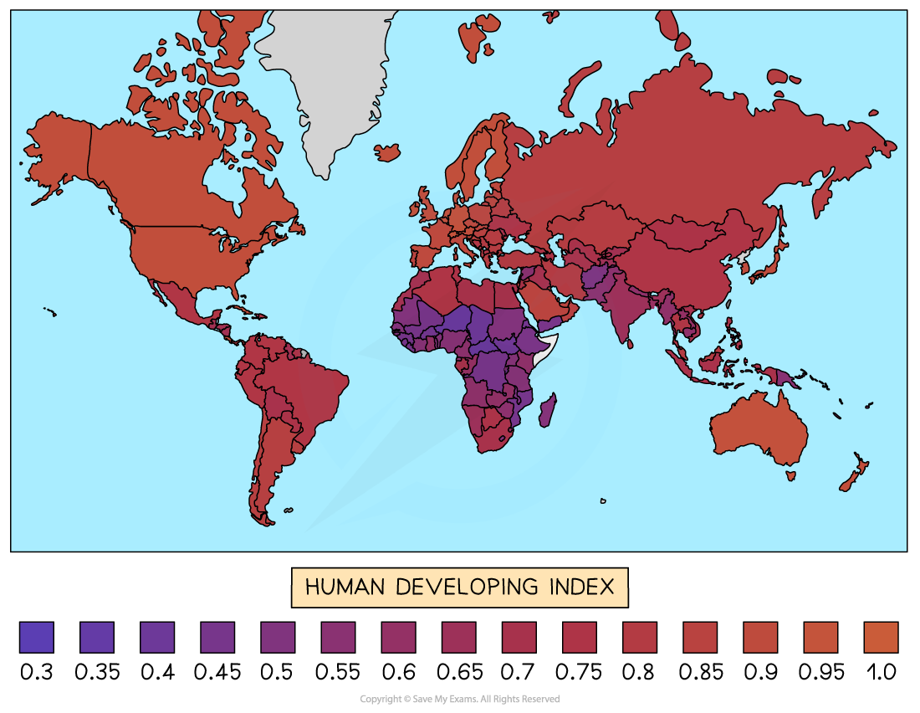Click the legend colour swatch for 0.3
click(36, 637)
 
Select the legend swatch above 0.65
click(457, 637)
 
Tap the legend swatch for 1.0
click(880, 637)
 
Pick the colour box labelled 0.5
click(277, 637)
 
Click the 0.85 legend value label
click(698, 671)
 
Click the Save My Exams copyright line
click(459, 699)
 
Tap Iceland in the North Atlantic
click(387, 152)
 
